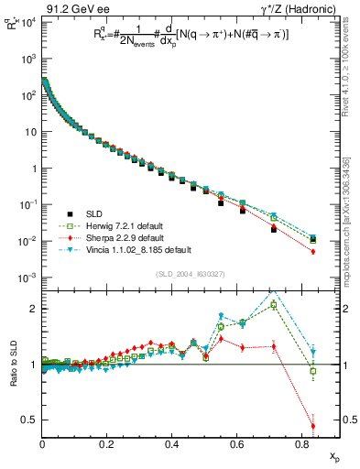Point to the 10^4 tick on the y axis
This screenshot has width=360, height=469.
27,22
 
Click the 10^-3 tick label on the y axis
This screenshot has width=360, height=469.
27,278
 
